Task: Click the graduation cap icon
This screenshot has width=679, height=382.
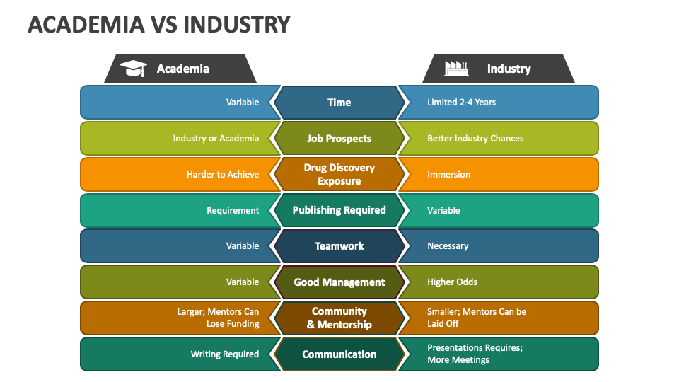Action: (x=134, y=69)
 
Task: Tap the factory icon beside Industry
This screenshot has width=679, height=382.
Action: (x=456, y=69)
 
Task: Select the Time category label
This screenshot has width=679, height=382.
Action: (x=339, y=103)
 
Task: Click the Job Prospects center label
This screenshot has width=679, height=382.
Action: (x=339, y=139)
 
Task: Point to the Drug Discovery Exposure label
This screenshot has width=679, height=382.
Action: (x=339, y=174)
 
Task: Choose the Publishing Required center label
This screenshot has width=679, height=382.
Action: (x=339, y=210)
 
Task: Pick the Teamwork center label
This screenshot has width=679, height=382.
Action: (x=339, y=246)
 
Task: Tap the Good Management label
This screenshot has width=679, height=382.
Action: (x=339, y=282)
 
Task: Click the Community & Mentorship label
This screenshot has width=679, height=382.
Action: (x=339, y=318)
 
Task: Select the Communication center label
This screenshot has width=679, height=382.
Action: (x=339, y=354)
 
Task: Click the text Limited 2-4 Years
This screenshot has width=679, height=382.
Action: (x=462, y=102)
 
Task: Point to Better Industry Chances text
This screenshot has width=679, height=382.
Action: (x=475, y=138)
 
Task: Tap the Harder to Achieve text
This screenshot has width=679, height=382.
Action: (x=223, y=174)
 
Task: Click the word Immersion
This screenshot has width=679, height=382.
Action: (x=448, y=174)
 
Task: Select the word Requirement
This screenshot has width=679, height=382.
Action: (x=233, y=211)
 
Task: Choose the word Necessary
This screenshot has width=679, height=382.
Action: (x=448, y=246)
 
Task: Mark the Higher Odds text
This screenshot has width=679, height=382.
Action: (x=452, y=282)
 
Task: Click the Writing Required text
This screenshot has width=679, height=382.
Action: (x=225, y=354)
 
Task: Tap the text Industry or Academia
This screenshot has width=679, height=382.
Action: (x=216, y=138)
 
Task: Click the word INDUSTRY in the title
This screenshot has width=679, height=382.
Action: (x=236, y=24)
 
